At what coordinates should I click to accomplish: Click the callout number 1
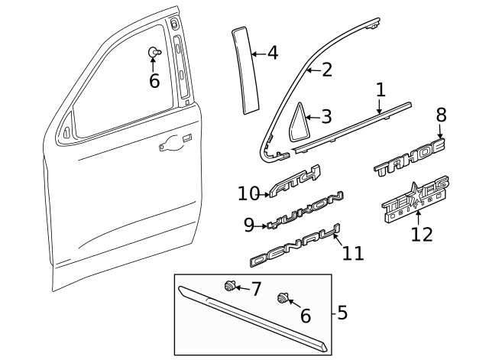[x=381, y=90]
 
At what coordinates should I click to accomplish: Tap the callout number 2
[x=326, y=70]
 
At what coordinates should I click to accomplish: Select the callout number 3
[x=326, y=117]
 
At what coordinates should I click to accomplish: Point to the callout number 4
[x=272, y=54]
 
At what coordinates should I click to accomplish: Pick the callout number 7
[x=256, y=290]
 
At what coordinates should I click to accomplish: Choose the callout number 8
[x=441, y=115]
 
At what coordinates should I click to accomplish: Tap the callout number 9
[x=249, y=225]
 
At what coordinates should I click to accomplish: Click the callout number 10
[x=249, y=194]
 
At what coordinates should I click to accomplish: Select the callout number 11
[x=352, y=253]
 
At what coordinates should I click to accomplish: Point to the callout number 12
[x=421, y=234]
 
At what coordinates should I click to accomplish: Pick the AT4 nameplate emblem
[x=296, y=183]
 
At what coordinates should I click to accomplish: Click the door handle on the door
[x=172, y=142]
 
